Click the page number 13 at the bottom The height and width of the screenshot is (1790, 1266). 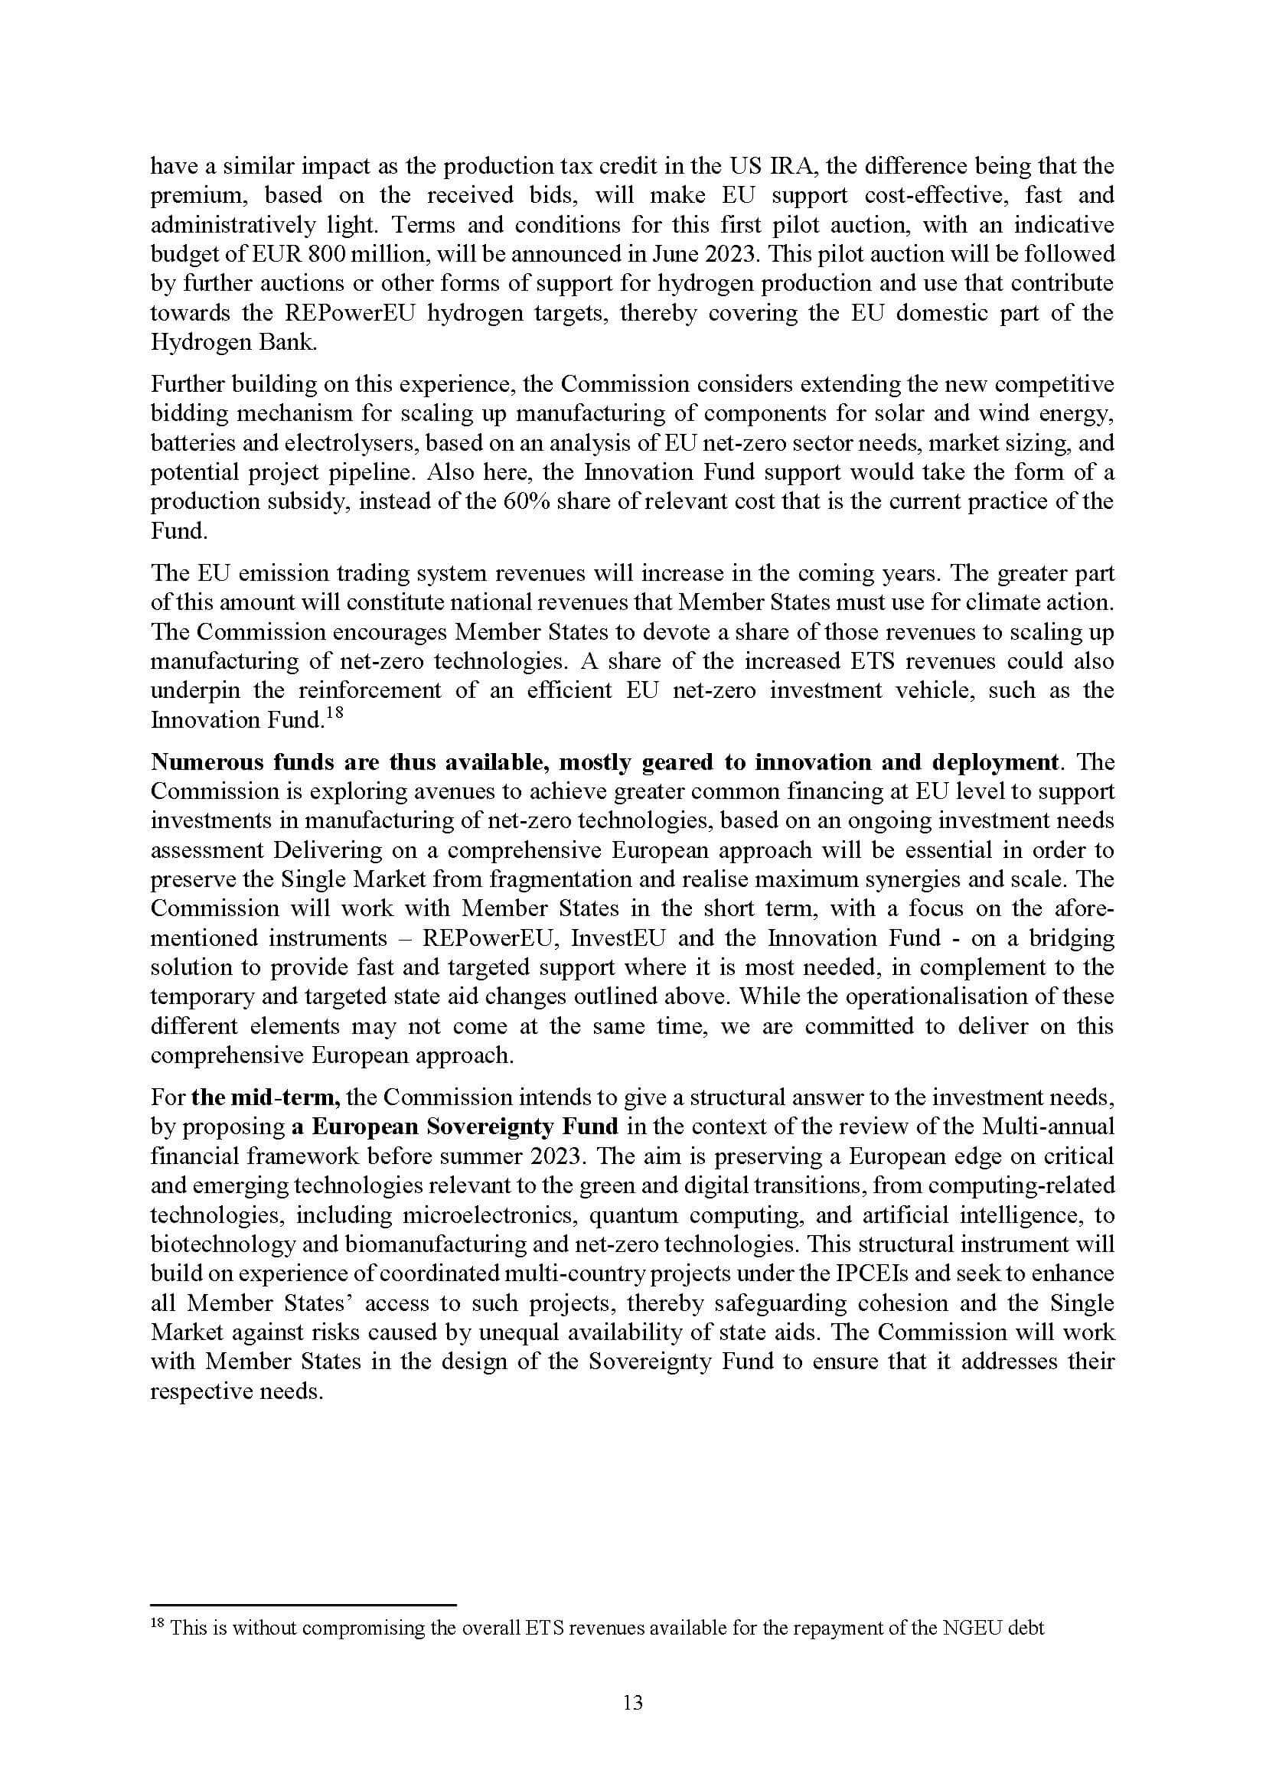(x=633, y=1703)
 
